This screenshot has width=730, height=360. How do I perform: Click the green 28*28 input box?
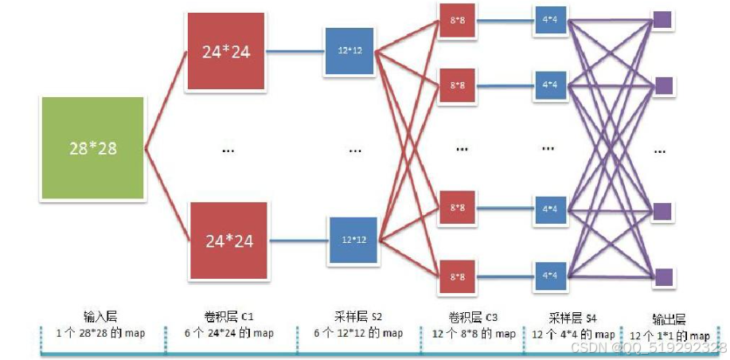[x=92, y=148]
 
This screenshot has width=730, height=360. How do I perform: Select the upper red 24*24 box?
[x=227, y=52]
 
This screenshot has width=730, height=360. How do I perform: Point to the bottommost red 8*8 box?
[x=457, y=277]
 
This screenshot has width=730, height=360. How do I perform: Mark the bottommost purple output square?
[x=662, y=277]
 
